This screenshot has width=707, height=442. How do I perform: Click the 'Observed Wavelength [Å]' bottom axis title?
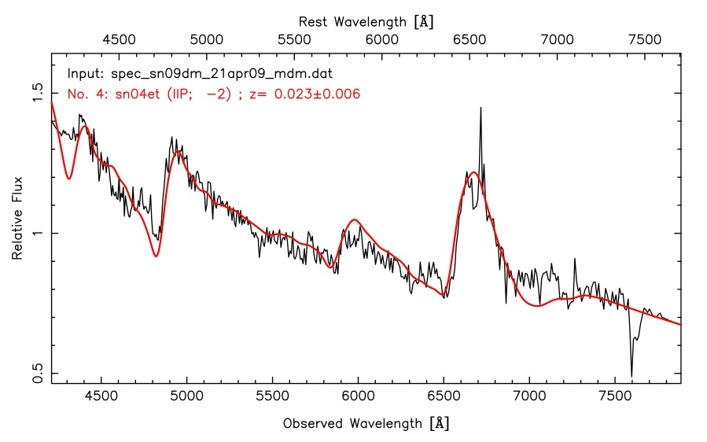[x=366, y=423]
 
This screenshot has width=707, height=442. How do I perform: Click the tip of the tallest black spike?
[x=481, y=109]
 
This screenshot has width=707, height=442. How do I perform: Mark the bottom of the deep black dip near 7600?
[x=632, y=376]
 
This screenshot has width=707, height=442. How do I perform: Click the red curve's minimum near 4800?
[x=156, y=256]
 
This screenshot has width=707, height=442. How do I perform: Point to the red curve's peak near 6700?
[x=473, y=172]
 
